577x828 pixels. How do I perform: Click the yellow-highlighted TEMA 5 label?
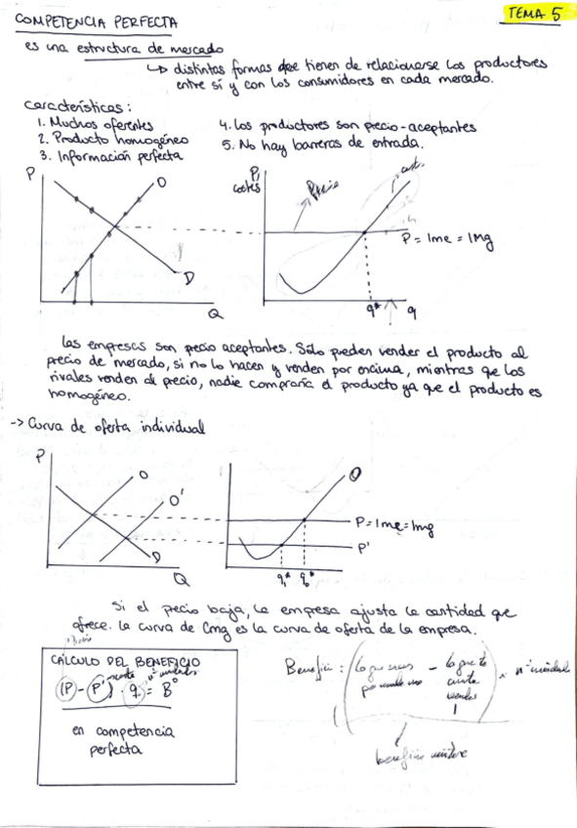533,14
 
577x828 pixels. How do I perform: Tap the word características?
77,107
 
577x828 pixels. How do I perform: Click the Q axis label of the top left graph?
215,314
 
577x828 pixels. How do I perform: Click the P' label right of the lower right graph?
362,548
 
